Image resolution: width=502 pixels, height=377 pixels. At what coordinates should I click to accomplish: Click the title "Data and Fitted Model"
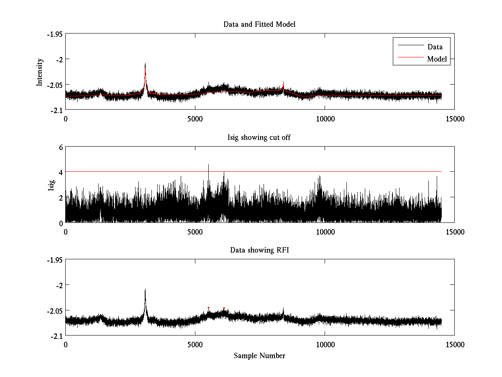click(259, 24)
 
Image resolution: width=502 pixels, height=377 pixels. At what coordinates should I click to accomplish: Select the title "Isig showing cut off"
click(259, 137)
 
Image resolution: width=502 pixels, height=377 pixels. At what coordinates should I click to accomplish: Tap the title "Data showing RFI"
click(259, 250)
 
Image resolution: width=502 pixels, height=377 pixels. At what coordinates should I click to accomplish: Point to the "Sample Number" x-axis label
click(259, 356)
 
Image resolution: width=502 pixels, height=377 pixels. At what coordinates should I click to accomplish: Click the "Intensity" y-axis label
click(40, 72)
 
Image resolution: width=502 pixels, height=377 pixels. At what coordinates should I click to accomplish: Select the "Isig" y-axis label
click(51, 185)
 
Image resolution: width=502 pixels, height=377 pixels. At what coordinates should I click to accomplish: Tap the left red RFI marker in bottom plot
click(208, 308)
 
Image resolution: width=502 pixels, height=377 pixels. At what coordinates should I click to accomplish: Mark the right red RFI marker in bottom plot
click(224, 308)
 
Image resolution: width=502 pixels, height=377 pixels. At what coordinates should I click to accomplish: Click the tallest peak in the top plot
click(145, 64)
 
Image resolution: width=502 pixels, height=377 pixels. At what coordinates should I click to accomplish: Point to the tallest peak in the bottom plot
click(145, 289)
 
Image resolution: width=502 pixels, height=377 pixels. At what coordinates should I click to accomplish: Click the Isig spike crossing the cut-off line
click(208, 165)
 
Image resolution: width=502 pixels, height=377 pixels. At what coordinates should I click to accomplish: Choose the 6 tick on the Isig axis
click(61, 147)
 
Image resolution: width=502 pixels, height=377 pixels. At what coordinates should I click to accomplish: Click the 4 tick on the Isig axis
click(61, 172)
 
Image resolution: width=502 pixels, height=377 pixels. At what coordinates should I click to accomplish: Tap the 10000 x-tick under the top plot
click(325, 119)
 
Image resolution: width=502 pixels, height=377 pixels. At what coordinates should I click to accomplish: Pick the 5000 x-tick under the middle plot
click(195, 232)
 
